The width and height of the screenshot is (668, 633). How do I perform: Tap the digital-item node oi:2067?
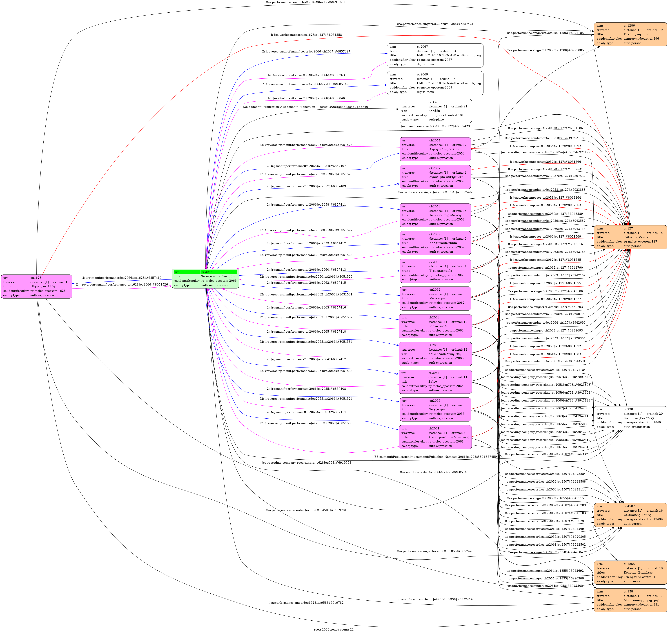click(x=435, y=55)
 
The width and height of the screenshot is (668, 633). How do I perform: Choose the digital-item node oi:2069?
click(x=435, y=83)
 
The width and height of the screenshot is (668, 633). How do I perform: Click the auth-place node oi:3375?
click(x=435, y=111)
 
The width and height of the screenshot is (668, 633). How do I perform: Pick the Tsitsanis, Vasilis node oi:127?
click(x=630, y=237)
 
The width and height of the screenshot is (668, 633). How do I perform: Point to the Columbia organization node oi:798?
click(x=630, y=418)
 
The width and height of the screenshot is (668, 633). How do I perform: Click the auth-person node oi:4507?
click(x=630, y=515)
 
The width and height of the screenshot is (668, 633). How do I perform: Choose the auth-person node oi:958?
click(x=630, y=600)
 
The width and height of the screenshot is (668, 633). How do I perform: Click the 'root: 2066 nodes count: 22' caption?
click(x=334, y=629)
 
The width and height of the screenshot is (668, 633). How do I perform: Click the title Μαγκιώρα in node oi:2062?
click(x=437, y=298)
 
